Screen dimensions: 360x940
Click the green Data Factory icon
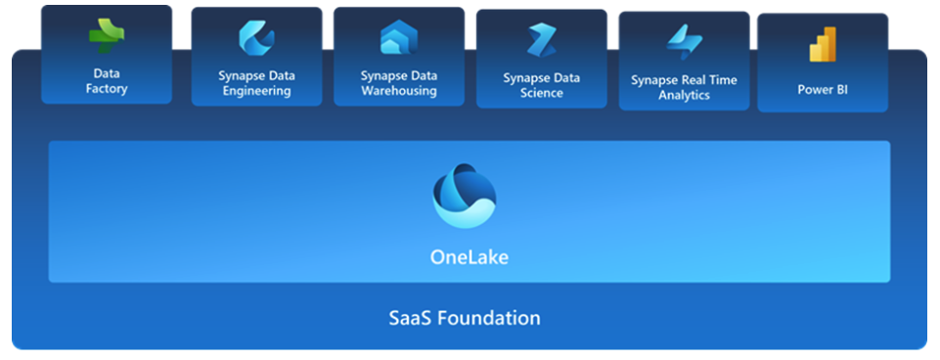pos(106,37)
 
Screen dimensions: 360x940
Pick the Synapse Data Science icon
pos(541,41)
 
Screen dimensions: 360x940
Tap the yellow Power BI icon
pos(822,45)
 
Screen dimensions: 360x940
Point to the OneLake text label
pos(470,257)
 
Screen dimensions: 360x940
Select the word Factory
pos(106,89)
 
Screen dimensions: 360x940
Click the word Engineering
pos(256,91)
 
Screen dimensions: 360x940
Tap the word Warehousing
pos(398,91)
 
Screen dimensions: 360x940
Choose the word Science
pos(541,93)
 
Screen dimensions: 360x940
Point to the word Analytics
pos(684,95)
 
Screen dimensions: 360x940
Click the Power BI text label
pos(822,89)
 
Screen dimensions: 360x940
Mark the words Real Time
pos(710,80)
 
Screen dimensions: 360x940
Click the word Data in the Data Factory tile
pos(106,73)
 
